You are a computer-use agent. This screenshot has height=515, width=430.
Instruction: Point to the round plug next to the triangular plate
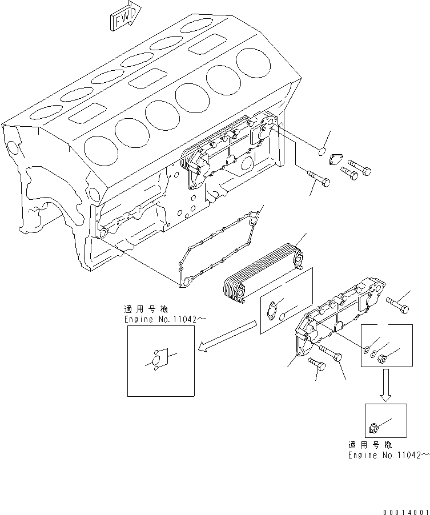(x=321, y=152)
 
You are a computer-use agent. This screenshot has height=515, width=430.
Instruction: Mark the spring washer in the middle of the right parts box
(x=374, y=355)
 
